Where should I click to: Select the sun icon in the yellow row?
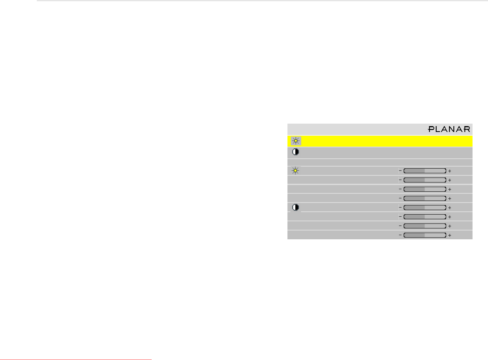295,141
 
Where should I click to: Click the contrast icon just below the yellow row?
295,152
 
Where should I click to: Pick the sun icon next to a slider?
295,171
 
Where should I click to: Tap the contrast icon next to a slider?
295,208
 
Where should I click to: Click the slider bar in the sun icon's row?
424,171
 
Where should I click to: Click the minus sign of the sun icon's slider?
400,171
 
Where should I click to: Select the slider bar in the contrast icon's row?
424,208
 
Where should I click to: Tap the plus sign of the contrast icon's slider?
450,208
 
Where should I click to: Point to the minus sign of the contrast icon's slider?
400,208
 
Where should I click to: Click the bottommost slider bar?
424,235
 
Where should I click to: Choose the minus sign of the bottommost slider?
400,235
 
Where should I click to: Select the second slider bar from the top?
424,180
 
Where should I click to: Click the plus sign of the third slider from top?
450,189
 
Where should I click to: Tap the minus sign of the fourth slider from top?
400,198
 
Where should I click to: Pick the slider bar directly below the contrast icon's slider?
424,217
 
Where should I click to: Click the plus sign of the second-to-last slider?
450,226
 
